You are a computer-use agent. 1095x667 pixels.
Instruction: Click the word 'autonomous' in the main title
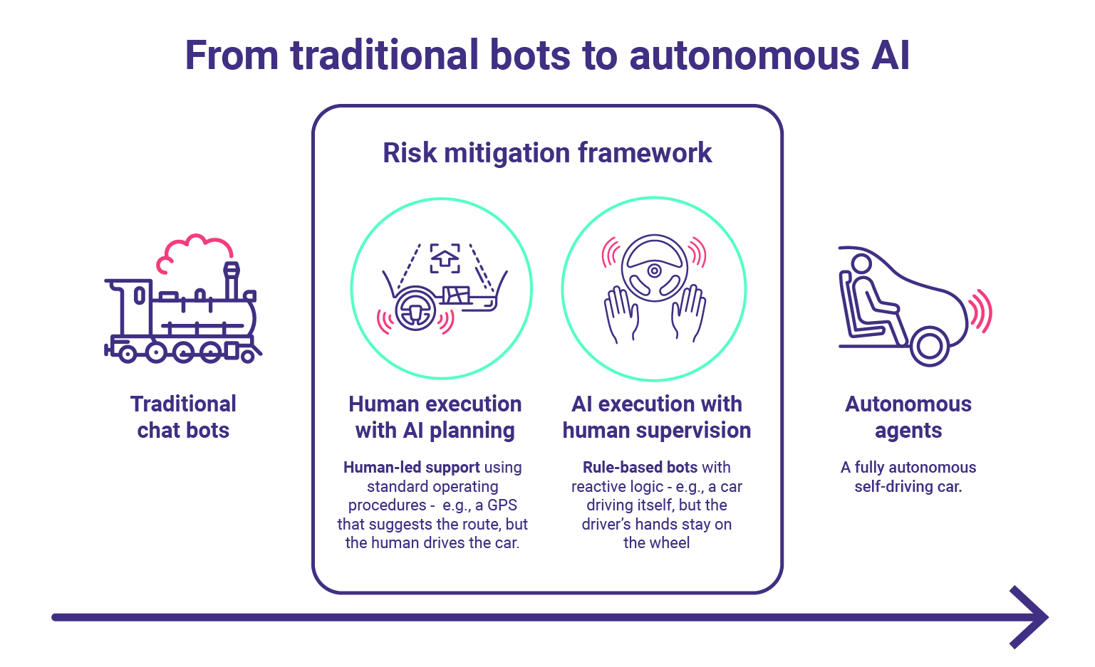(x=744, y=56)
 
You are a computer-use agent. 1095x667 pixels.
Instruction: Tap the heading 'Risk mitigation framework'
(x=547, y=153)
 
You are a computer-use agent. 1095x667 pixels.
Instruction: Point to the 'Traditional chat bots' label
(x=183, y=417)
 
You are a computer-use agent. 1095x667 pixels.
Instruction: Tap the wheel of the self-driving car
(x=929, y=346)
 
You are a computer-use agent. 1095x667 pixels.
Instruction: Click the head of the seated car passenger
(x=861, y=264)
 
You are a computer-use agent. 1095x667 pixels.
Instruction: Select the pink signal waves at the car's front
(x=980, y=313)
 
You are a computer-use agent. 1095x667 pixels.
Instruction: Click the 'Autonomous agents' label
(x=908, y=417)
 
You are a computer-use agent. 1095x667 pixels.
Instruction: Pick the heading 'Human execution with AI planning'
(x=435, y=417)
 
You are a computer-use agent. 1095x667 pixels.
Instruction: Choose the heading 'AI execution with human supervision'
(x=657, y=417)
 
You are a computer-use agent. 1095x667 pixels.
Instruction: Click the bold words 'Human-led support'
(x=412, y=467)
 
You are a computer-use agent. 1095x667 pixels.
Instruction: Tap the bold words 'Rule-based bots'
(x=640, y=467)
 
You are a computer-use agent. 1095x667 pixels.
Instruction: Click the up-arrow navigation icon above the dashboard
(x=445, y=258)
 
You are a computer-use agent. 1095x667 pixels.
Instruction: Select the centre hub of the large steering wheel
(x=654, y=271)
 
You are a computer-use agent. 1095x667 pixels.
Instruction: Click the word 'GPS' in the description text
(x=502, y=505)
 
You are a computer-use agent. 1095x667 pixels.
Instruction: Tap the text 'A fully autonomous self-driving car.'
(x=908, y=476)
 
